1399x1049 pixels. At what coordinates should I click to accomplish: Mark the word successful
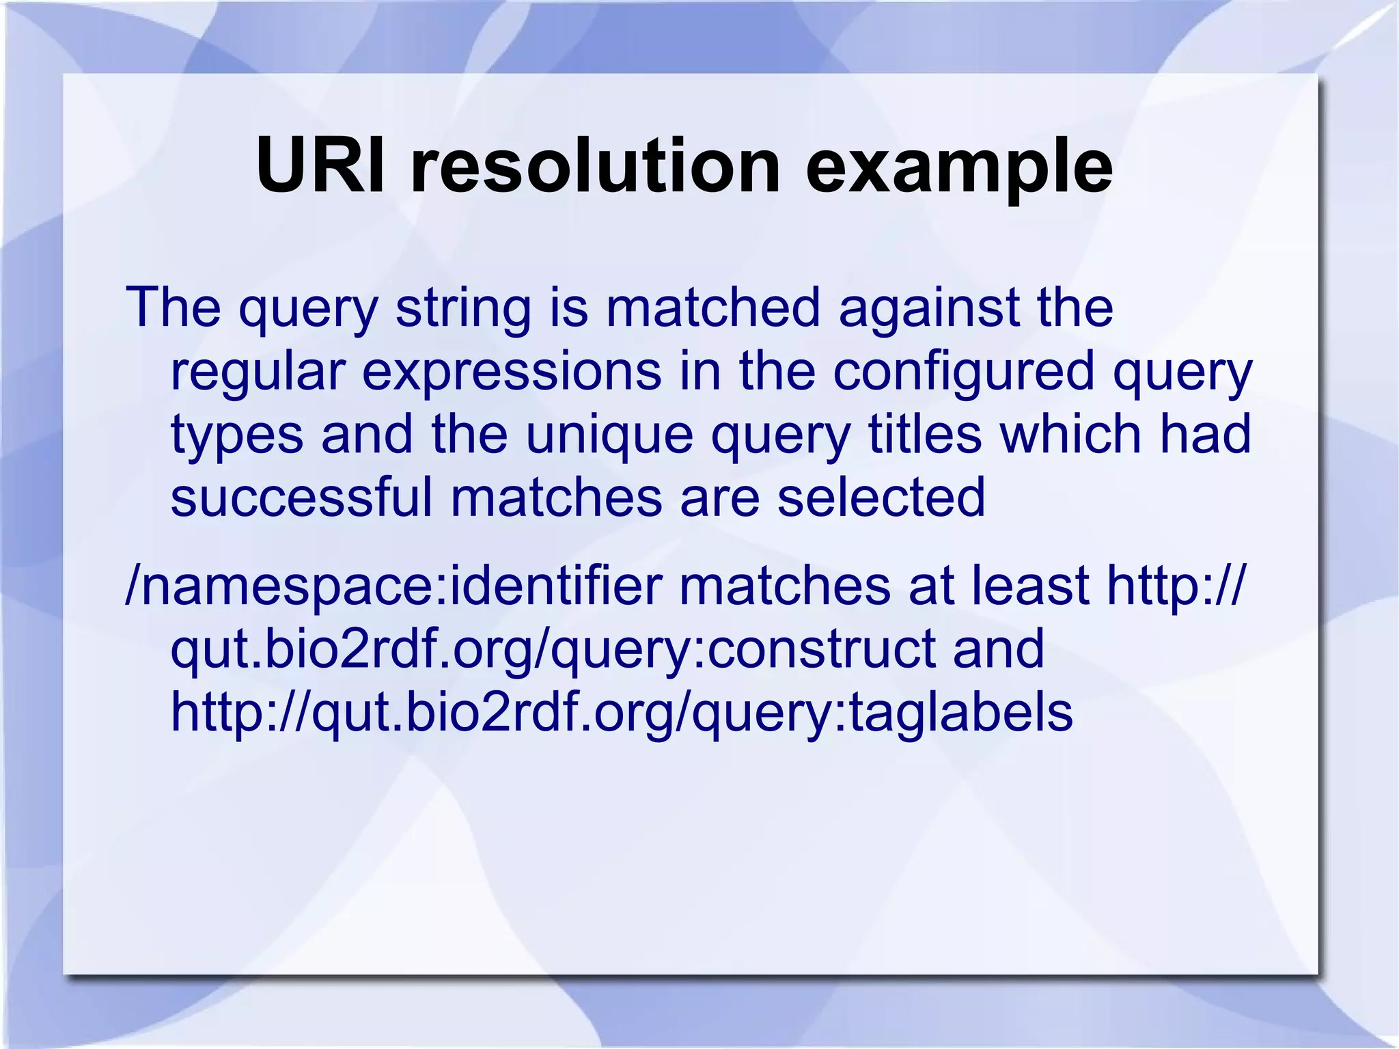301,497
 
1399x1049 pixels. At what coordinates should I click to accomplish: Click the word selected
881,497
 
